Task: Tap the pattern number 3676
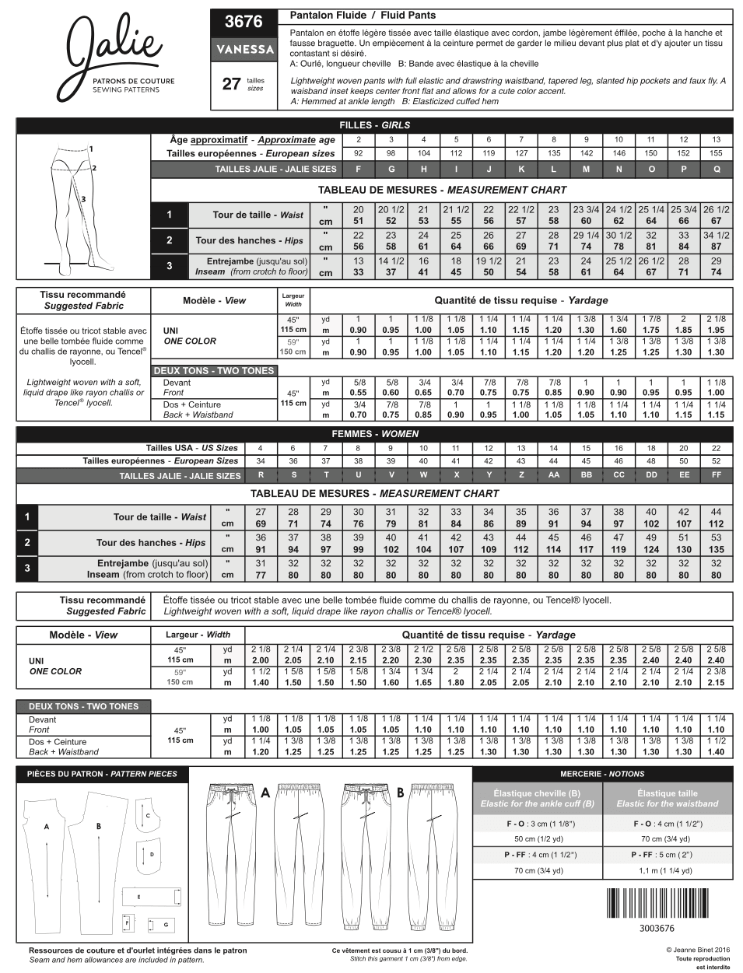pyautogui.click(x=244, y=22)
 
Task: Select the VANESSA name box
pyautogui.click(x=244, y=49)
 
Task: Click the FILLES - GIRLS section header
pyautogui.click(x=374, y=124)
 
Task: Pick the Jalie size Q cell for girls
pyautogui.click(x=716, y=169)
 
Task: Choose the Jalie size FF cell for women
pyautogui.click(x=716, y=474)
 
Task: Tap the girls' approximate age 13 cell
pyautogui.click(x=716, y=140)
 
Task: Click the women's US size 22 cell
pyautogui.click(x=716, y=448)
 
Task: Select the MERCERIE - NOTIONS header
pyautogui.click(x=602, y=774)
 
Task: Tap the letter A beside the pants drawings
pyautogui.click(x=265, y=793)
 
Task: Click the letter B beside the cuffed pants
pyautogui.click(x=400, y=793)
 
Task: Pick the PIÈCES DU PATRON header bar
pyautogui.click(x=102, y=774)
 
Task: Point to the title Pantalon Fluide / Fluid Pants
pyautogui.click(x=363, y=16)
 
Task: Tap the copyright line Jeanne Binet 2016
pyautogui.click(x=697, y=950)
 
